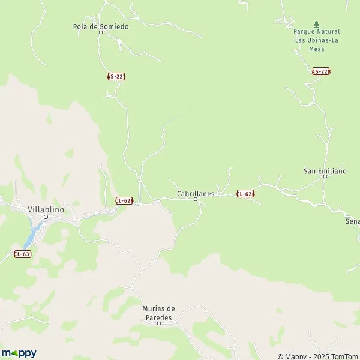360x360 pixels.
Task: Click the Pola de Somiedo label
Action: pos(101,26)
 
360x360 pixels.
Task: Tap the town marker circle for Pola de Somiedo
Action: pos(101,32)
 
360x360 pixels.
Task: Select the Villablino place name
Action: pos(46,209)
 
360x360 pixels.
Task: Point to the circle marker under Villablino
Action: pos(46,217)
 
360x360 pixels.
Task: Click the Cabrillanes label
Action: pos(196,194)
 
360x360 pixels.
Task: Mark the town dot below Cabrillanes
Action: pos(196,200)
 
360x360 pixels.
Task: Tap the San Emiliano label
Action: pos(325,171)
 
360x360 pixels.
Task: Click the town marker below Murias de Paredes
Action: pos(159,323)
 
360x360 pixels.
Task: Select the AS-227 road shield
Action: pos(116,77)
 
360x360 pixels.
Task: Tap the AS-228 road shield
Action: pos(321,71)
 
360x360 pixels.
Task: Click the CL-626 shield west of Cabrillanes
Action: pos(124,200)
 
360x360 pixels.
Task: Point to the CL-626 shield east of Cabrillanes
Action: pos(245,194)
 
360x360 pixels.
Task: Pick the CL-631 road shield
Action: pos(23,254)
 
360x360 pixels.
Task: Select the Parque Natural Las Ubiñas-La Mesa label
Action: pos(317,40)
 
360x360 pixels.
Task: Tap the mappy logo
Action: pos(19,353)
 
